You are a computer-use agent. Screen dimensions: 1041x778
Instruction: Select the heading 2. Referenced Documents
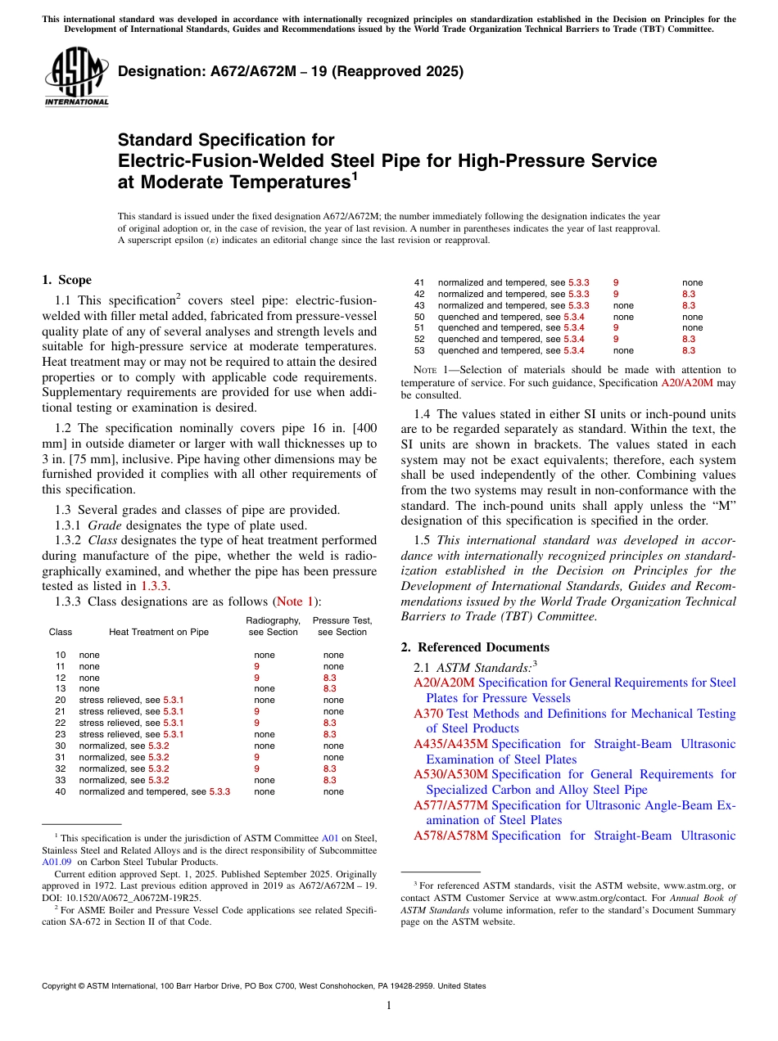click(x=475, y=647)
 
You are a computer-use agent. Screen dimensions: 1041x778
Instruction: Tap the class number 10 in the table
click(x=61, y=655)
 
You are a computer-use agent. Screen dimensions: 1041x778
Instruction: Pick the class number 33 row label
click(x=61, y=780)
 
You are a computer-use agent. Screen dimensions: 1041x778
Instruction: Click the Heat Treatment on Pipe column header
click(x=158, y=632)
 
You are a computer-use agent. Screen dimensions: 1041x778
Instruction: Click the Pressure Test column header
click(x=342, y=626)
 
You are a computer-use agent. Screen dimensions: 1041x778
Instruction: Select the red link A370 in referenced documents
click(x=429, y=714)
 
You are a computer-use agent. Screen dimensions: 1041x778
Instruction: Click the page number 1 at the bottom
click(x=389, y=1005)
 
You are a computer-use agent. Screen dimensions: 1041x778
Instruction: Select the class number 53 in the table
click(x=419, y=350)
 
